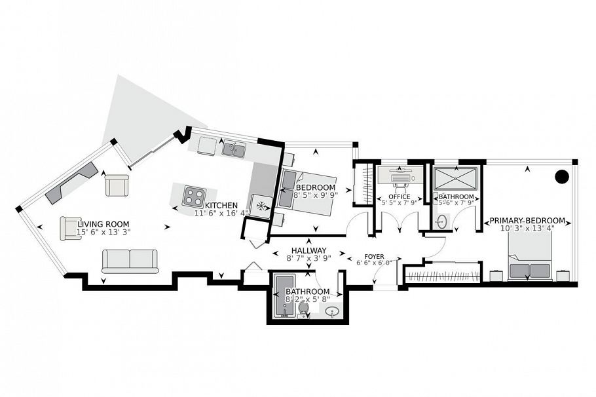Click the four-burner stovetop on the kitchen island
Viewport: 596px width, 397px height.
[x=195, y=195]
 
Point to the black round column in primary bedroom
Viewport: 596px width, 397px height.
[x=561, y=176]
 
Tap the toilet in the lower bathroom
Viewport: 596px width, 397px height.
[x=303, y=309]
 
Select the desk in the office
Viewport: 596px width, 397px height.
[x=399, y=174]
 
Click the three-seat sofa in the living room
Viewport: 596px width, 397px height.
[x=130, y=260]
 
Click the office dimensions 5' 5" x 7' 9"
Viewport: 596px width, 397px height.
[x=399, y=204]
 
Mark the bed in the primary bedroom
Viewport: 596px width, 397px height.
[x=531, y=259]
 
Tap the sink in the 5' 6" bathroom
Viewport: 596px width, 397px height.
[x=442, y=221]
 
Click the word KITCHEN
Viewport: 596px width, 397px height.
[x=221, y=205]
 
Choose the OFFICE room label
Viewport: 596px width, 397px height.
[x=399, y=197]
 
